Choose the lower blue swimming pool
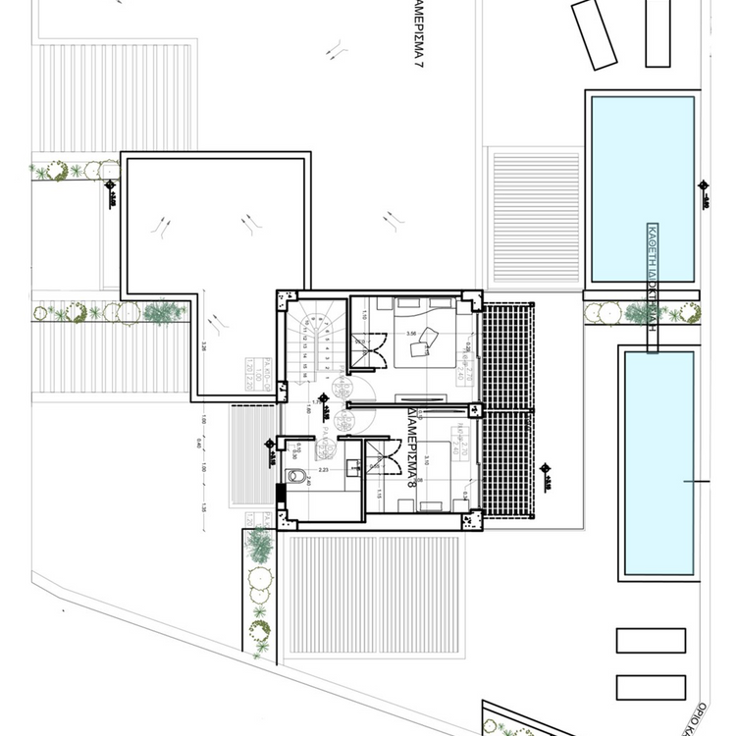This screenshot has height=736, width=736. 659,461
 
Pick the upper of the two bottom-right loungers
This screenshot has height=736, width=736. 651,640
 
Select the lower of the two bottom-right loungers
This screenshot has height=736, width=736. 651,687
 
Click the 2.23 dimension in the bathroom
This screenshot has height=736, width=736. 322,470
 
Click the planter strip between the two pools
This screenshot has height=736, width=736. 643,314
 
